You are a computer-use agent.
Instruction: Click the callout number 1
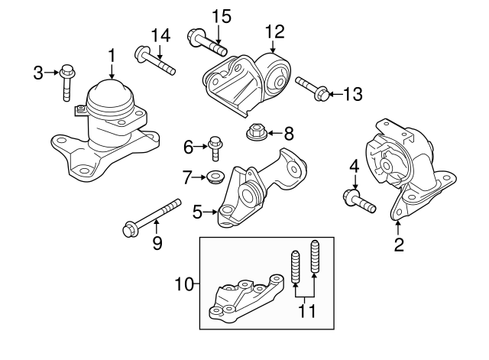point(112,55)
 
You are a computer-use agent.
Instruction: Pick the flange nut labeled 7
point(213,179)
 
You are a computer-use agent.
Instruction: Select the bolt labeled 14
point(156,62)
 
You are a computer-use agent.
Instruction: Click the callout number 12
point(274,31)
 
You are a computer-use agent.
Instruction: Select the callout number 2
point(398,245)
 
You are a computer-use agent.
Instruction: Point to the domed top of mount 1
point(112,97)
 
